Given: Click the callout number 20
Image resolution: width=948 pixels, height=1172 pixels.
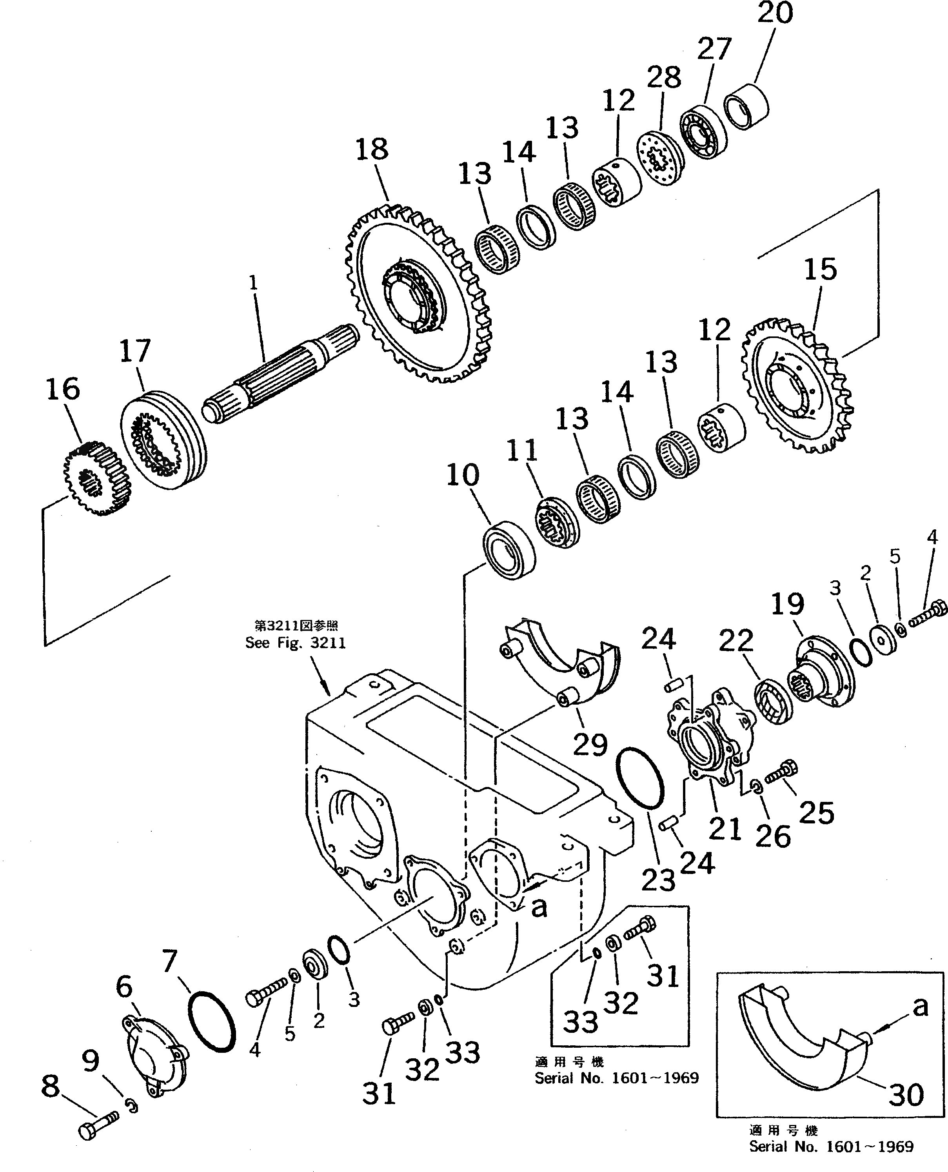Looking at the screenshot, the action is coord(775,13).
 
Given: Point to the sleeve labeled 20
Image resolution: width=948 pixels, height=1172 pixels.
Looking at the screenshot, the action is coord(746,105).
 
